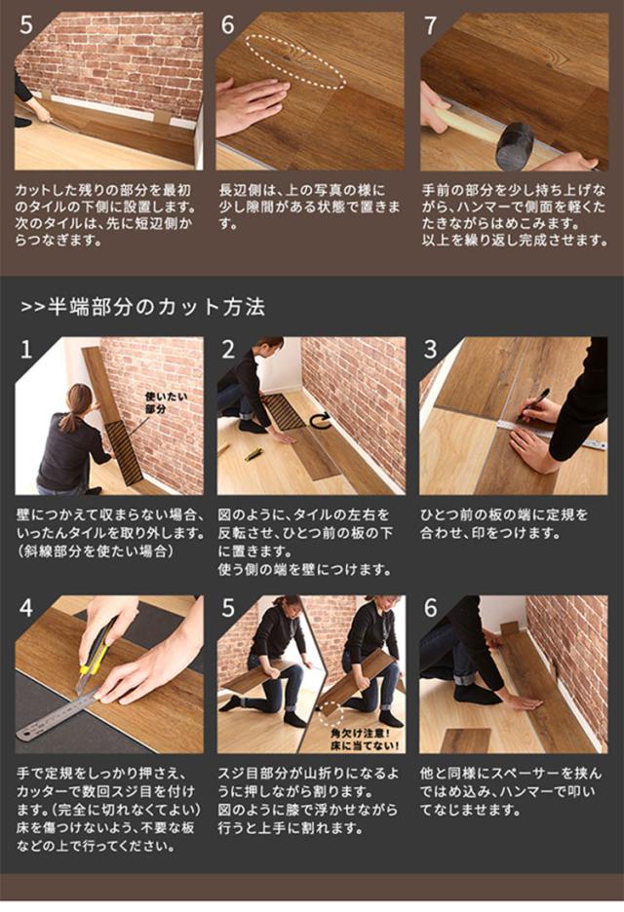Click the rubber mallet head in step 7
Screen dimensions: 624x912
click(x=516, y=143)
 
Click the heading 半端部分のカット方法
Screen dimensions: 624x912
click(x=157, y=307)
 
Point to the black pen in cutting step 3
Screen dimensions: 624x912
click(x=536, y=403)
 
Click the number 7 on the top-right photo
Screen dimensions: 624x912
click(x=430, y=26)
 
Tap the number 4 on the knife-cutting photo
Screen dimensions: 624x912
click(x=26, y=609)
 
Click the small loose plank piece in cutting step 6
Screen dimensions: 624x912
click(x=466, y=741)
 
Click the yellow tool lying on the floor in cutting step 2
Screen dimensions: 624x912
click(x=253, y=454)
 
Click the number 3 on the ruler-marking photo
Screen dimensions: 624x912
click(x=430, y=350)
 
